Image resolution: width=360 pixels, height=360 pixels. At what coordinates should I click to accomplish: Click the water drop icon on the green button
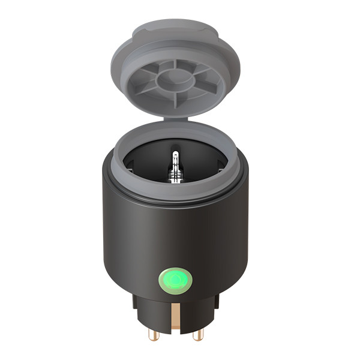click(175, 280)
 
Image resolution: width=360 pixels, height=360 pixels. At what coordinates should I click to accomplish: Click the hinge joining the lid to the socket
click(175, 119)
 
